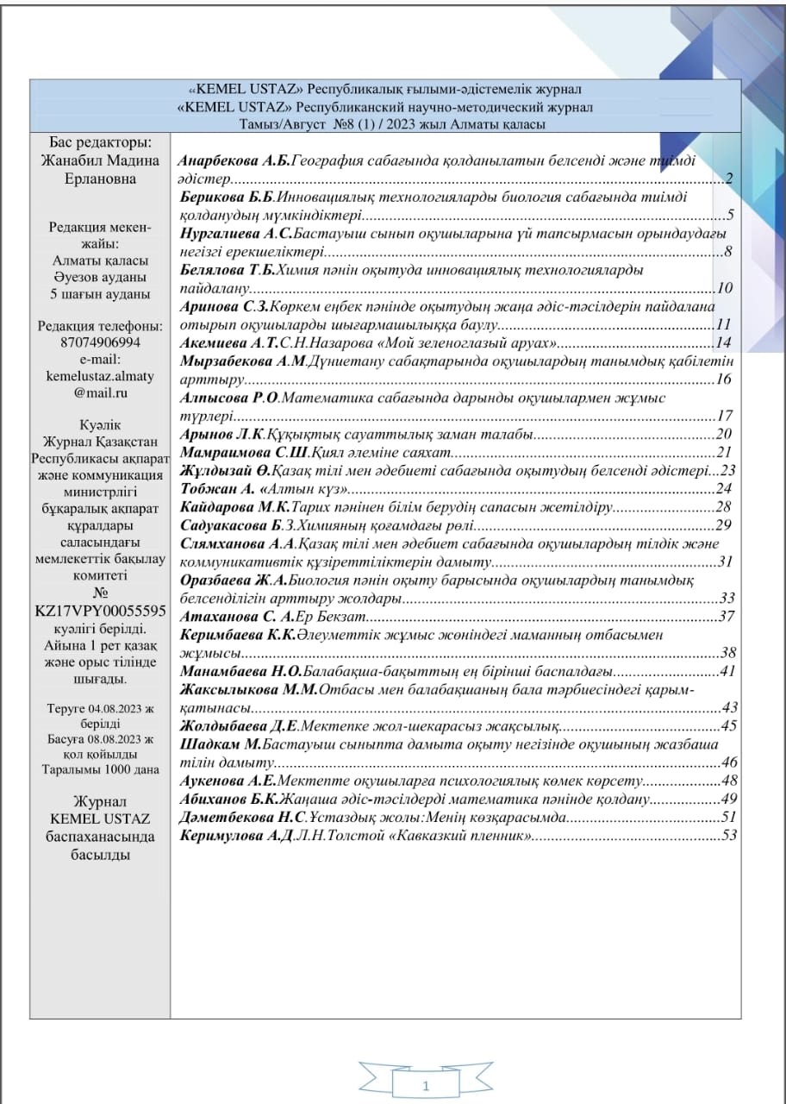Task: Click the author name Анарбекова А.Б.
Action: click(234, 160)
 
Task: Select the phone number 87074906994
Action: click(99, 342)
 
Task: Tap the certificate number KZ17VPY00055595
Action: click(100, 612)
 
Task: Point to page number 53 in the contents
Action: click(730, 836)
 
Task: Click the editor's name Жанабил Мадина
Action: click(99, 160)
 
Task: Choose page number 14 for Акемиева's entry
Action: click(723, 342)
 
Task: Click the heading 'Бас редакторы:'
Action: click(100, 142)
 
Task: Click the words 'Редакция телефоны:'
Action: click(100, 326)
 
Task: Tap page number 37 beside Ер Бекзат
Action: click(725, 616)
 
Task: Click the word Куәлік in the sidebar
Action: click(100, 425)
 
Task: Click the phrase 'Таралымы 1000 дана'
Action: click(100, 769)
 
